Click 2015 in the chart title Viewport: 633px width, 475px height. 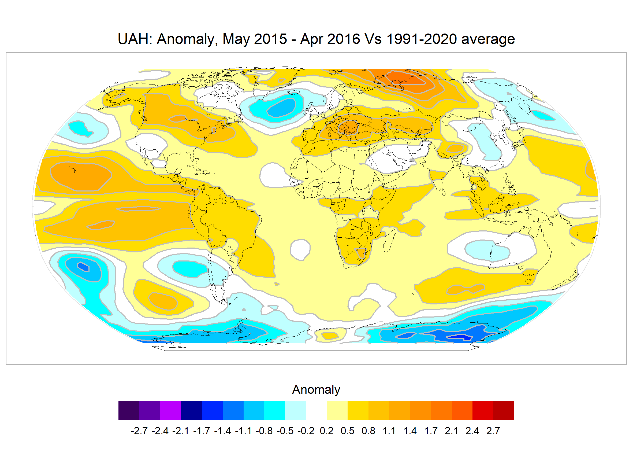tap(270, 39)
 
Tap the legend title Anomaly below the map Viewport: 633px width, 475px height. tap(316, 390)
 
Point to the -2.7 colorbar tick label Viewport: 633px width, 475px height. tap(139, 431)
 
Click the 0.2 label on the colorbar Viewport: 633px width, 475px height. tap(326, 431)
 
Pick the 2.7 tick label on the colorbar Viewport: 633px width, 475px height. tap(493, 431)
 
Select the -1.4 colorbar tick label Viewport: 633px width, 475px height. tap(222, 431)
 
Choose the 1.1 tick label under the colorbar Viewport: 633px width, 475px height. tap(389, 431)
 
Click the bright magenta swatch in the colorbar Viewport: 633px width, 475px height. tap(170, 411)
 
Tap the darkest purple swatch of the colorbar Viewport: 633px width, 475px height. tap(129, 411)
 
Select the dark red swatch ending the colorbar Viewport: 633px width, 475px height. tap(504, 411)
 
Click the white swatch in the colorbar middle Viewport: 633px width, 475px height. tap(316, 411)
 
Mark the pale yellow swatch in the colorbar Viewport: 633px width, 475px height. tap(337, 411)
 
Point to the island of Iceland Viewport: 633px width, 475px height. tap(295, 92)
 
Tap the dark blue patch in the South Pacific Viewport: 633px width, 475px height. tap(83, 267)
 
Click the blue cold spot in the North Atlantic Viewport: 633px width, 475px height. tap(281, 107)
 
